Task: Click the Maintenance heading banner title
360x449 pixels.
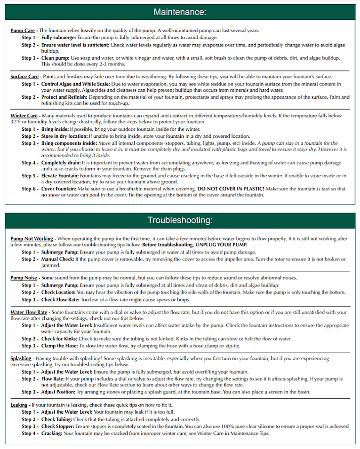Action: (x=180, y=12)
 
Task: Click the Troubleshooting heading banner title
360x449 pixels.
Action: (x=180, y=220)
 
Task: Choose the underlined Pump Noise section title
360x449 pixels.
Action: (x=24, y=278)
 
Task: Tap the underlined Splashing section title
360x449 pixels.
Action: (x=21, y=358)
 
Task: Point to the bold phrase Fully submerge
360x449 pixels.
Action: (x=58, y=37)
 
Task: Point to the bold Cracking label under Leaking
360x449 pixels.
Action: (x=52, y=433)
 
